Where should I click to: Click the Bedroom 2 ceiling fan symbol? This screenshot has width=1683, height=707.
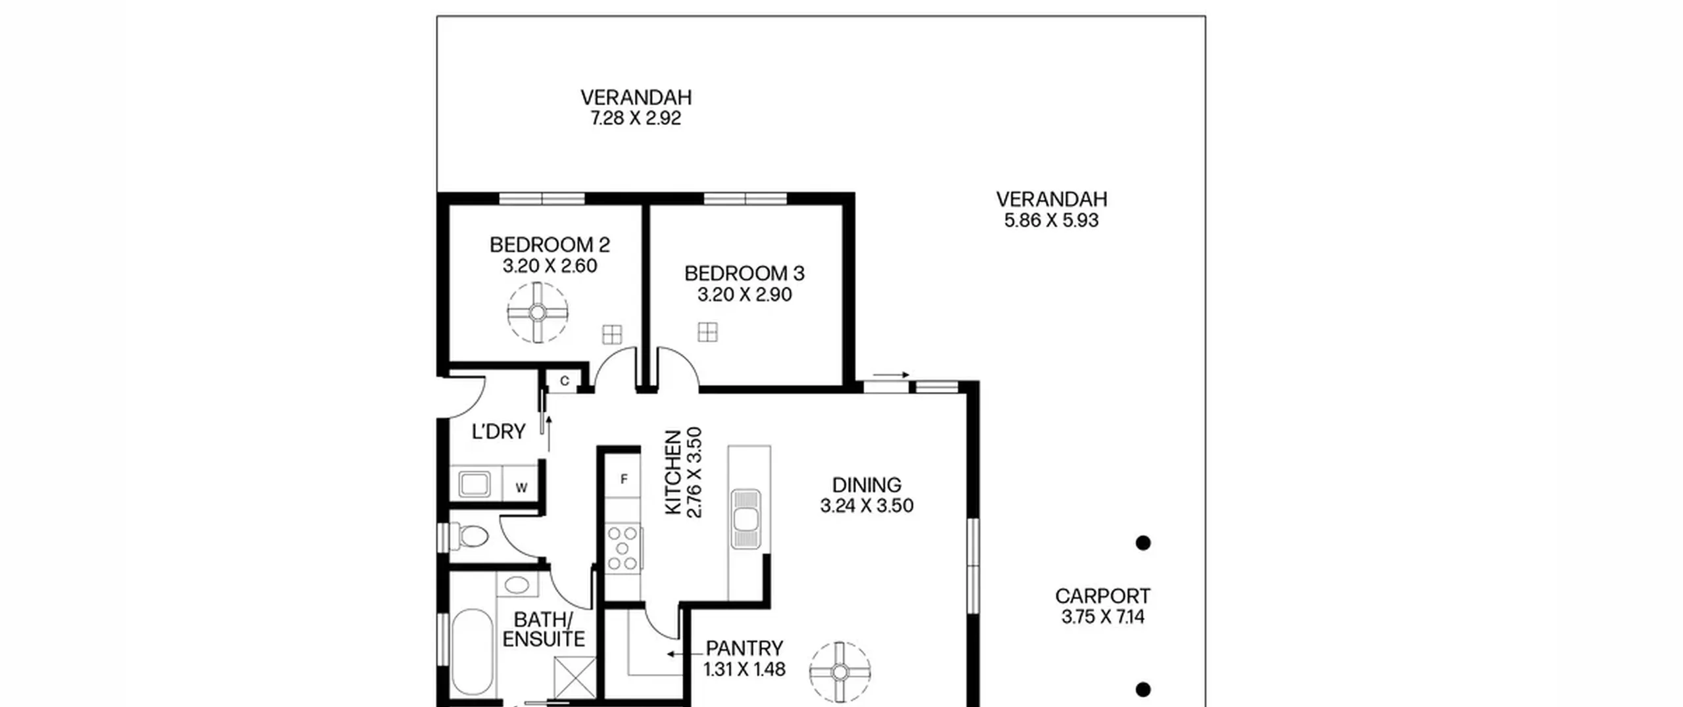point(537,312)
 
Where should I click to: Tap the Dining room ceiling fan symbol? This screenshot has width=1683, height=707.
point(840,672)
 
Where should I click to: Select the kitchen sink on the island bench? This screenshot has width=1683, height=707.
point(746,518)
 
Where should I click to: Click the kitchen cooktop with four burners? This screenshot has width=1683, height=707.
point(623,547)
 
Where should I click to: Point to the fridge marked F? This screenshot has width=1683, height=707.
point(623,479)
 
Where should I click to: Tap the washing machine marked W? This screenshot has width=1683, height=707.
point(521,487)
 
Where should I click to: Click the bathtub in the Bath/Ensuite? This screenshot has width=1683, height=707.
point(471,651)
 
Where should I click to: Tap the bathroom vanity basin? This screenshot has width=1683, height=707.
point(516,585)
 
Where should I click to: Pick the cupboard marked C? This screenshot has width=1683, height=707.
point(564,381)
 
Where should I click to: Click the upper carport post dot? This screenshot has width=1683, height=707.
point(1143,543)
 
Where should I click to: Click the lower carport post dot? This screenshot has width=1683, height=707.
point(1143,689)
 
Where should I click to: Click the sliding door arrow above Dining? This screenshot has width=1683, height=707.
point(891,375)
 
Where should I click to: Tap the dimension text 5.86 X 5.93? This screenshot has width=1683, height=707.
point(1051,220)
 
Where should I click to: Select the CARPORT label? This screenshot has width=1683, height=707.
point(1102,596)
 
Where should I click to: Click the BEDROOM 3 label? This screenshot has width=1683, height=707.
point(744,273)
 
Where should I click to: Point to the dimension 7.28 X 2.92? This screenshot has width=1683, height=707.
point(636,118)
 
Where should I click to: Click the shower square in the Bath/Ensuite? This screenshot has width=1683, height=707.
point(575,677)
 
